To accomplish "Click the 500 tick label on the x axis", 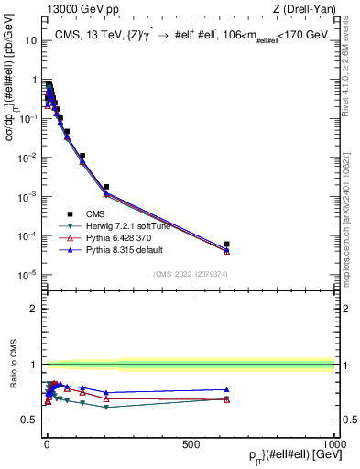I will pos(191,443).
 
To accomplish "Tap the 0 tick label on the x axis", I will pos(47,443).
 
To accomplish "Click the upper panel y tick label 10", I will pos(31,40).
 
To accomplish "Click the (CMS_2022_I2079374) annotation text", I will pos(191,273).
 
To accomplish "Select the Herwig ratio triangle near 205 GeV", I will pos(105,407).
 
